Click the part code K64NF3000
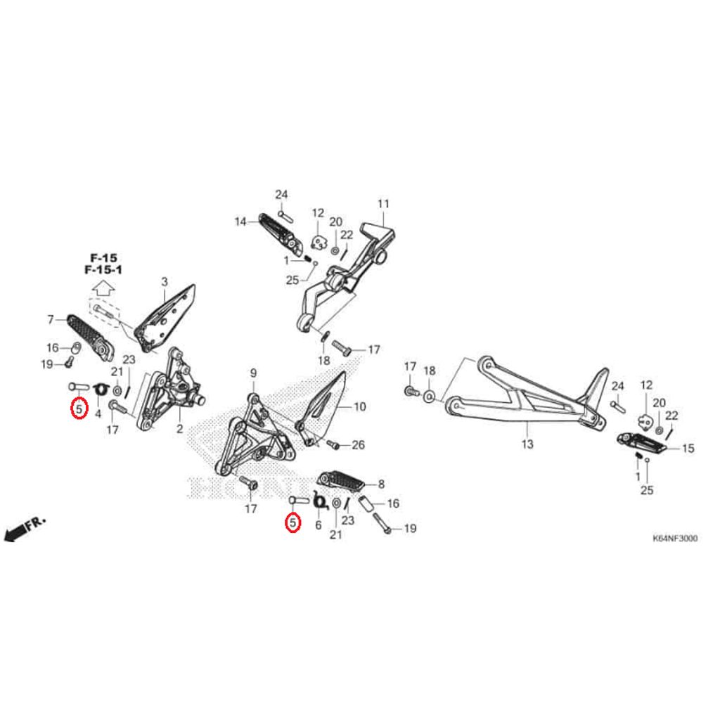click(675, 539)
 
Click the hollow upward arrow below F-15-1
click(103, 287)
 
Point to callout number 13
click(527, 444)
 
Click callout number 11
click(382, 205)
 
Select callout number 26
click(358, 445)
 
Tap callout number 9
click(253, 373)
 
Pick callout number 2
click(179, 428)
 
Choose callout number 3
click(164, 283)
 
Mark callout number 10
click(359, 406)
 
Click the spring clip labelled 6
click(320, 502)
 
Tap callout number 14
click(240, 221)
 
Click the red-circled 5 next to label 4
click(79, 408)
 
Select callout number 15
click(688, 448)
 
